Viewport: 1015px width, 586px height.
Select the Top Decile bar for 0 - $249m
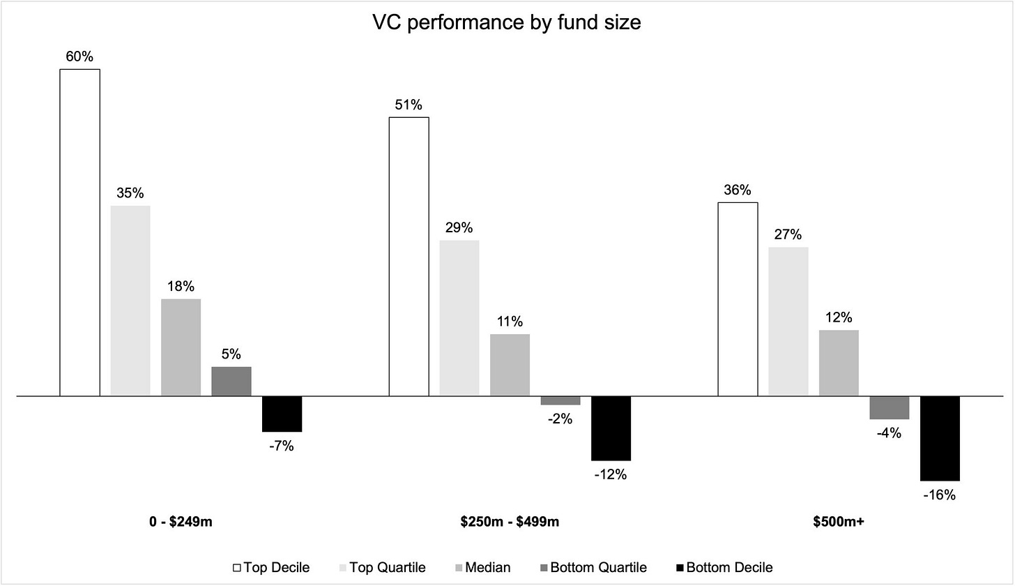tap(79, 232)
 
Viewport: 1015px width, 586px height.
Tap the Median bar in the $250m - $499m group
tap(510, 365)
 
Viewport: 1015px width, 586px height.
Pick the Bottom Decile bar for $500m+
tap(940, 438)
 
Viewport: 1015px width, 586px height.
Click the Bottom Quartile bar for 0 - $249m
tap(231, 381)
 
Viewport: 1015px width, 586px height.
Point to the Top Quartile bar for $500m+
tap(788, 322)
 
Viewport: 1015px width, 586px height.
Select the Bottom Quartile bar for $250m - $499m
tap(560, 400)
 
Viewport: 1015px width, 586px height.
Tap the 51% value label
tap(409, 105)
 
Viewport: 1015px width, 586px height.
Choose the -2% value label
tap(560, 419)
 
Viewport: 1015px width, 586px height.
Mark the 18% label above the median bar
tap(181, 287)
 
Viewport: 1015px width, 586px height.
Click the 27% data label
tap(788, 234)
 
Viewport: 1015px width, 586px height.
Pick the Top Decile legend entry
tap(273, 567)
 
